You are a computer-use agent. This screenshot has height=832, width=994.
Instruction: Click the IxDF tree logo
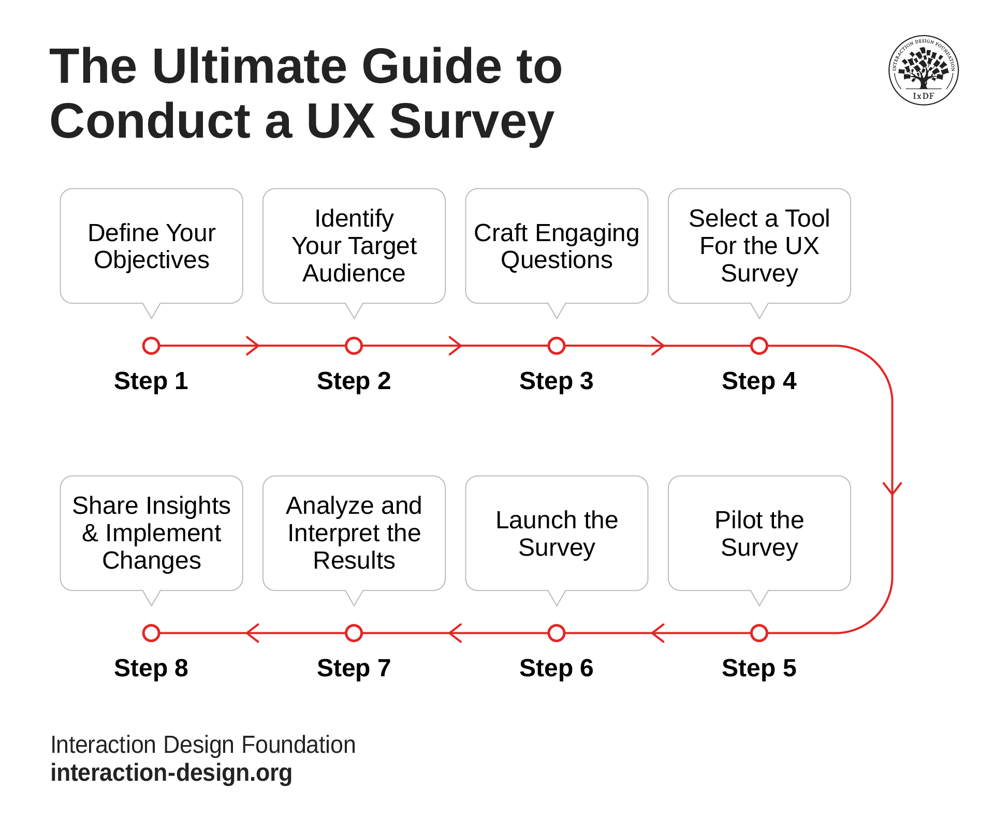pyautogui.click(x=923, y=70)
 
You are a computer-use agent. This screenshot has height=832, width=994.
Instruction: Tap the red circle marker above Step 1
pyautogui.click(x=151, y=346)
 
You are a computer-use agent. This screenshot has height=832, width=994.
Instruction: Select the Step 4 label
pyautogui.click(x=758, y=381)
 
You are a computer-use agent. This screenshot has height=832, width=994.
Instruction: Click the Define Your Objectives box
pyautogui.click(x=151, y=246)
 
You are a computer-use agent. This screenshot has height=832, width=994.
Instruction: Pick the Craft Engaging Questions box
pyautogui.click(x=557, y=246)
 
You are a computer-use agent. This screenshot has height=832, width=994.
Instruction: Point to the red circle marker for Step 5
pyautogui.click(x=759, y=633)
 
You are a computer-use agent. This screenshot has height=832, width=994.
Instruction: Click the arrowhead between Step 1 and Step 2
pyautogui.click(x=253, y=346)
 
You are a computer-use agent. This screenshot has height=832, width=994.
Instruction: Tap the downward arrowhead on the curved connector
pyautogui.click(x=892, y=488)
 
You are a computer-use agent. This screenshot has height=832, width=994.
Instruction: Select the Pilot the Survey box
pyautogui.click(x=759, y=533)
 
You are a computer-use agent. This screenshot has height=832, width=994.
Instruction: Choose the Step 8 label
pyautogui.click(x=151, y=668)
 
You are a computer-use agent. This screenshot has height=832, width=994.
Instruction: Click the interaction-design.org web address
pyautogui.click(x=171, y=773)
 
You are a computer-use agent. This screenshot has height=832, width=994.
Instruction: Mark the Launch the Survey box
pyautogui.click(x=557, y=533)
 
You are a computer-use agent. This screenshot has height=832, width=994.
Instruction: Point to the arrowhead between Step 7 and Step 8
pyautogui.click(x=253, y=633)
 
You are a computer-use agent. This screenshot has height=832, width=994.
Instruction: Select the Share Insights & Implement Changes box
pyautogui.click(x=151, y=533)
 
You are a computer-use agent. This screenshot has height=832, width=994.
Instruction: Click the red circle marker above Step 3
pyautogui.click(x=557, y=346)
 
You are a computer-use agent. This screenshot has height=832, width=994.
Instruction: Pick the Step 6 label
pyautogui.click(x=556, y=668)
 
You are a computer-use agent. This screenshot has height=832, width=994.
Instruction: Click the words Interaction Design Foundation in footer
pyautogui.click(x=203, y=745)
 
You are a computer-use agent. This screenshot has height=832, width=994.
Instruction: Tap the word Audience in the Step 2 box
pyautogui.click(x=354, y=273)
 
